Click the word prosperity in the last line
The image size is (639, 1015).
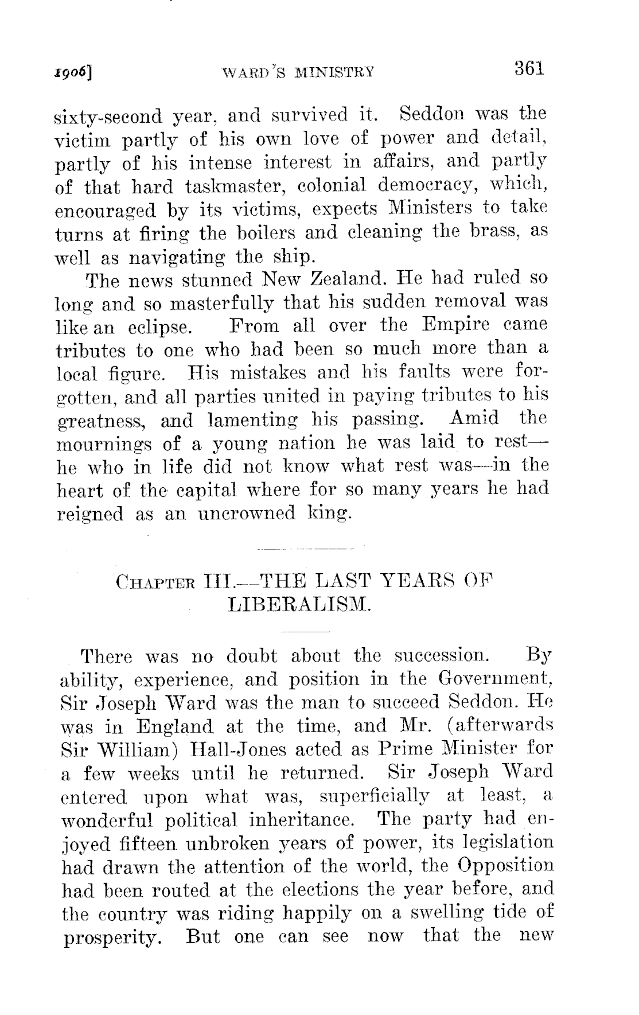click(111, 939)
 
